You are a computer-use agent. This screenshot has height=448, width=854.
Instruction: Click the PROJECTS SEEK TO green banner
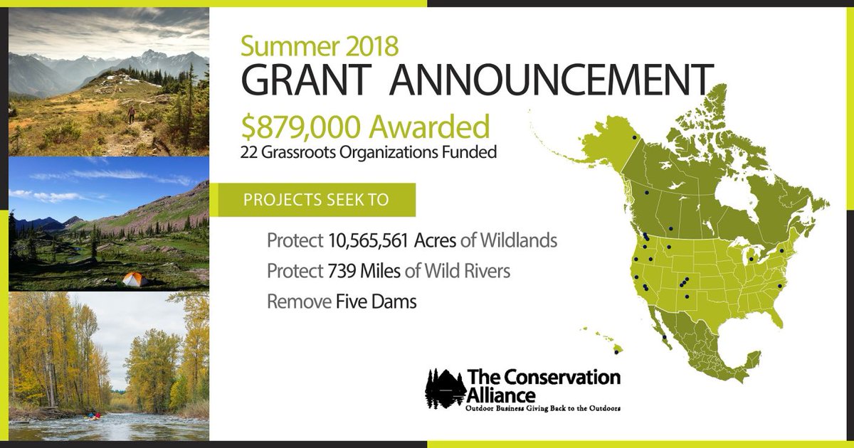pyautogui.click(x=317, y=200)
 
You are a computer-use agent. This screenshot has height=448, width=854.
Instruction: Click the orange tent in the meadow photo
pyautogui.click(x=135, y=279)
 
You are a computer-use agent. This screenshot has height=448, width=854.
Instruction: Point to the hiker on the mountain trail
pyautogui.click(x=130, y=114)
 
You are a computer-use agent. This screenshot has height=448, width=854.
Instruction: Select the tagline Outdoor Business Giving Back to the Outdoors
pyautogui.click(x=543, y=410)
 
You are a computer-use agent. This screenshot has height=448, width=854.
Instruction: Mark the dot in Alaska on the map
pyautogui.click(x=633, y=137)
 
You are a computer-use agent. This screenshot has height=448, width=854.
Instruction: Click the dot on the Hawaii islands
pyautogui.click(x=616, y=351)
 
